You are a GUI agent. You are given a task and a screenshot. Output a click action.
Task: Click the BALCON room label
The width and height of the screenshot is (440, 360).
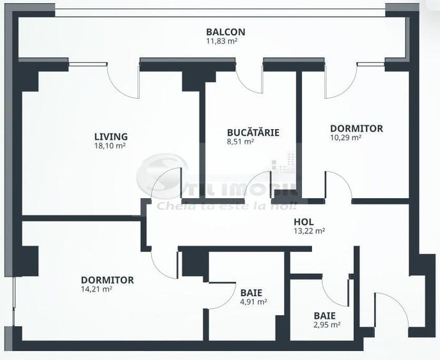225,31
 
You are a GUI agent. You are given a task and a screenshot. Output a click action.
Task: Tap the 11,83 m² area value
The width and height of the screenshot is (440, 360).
225,41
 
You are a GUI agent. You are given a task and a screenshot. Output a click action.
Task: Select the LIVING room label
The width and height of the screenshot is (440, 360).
111,136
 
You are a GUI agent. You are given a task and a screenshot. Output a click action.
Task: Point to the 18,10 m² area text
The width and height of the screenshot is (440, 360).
109,146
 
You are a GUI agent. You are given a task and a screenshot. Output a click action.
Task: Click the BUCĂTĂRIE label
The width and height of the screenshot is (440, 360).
253,132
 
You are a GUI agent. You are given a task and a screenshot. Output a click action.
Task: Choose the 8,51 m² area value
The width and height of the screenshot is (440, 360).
240,142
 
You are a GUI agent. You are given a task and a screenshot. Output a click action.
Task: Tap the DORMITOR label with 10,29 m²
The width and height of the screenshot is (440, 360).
356,128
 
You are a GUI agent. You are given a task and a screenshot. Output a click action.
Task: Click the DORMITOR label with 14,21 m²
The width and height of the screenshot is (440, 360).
107,279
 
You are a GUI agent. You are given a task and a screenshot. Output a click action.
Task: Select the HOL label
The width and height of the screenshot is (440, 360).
303,221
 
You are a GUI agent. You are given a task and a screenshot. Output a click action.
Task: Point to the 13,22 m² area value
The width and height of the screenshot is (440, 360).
309,231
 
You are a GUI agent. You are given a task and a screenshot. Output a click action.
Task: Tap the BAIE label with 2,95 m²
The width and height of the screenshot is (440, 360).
324,315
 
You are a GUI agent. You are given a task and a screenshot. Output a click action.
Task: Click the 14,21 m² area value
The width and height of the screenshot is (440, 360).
97,289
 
